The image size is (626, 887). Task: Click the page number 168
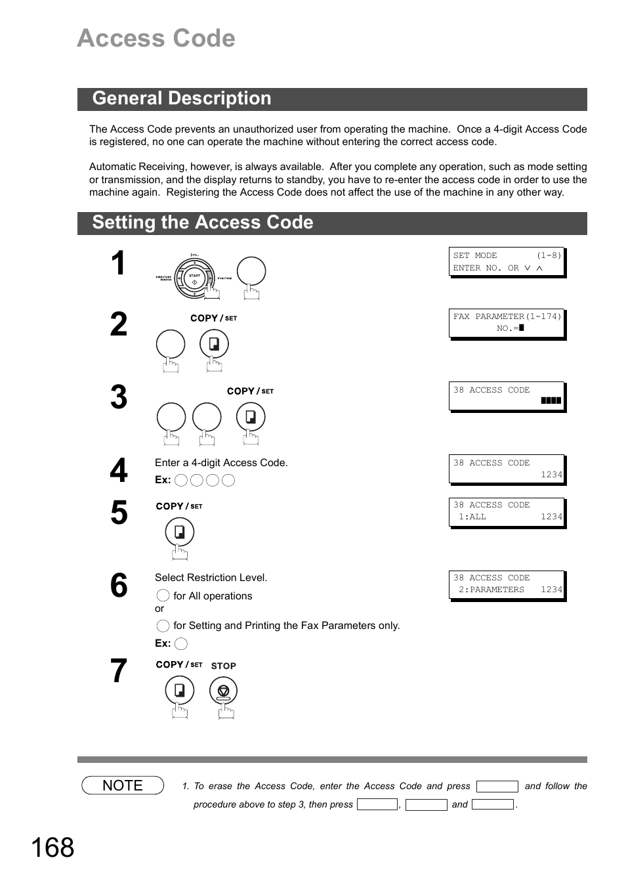pyautogui.click(x=52, y=848)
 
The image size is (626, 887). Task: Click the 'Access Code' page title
pyautogui.click(x=156, y=39)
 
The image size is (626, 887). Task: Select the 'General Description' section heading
pyautogui.click(x=182, y=98)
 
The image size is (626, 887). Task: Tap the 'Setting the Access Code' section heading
pyautogui.click(x=203, y=223)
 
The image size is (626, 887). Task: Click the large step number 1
pyautogui.click(x=118, y=264)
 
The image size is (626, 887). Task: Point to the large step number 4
pyautogui.click(x=119, y=471)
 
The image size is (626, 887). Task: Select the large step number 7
pyautogui.click(x=119, y=671)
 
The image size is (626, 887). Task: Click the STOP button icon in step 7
pyautogui.click(x=224, y=691)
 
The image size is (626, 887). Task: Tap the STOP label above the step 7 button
pyautogui.click(x=223, y=666)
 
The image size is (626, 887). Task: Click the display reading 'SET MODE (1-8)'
pyautogui.click(x=507, y=262)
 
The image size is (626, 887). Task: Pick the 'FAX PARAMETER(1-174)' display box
pyautogui.click(x=507, y=323)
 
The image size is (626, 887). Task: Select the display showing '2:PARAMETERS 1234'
pyautogui.click(x=507, y=584)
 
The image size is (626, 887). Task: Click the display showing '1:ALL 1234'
pyautogui.click(x=507, y=511)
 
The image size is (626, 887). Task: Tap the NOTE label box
pyautogui.click(x=123, y=785)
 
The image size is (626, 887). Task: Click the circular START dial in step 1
pyautogui.click(x=194, y=276)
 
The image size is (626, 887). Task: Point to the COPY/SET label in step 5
pyautogui.click(x=179, y=506)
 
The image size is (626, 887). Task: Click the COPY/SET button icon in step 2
pyautogui.click(x=215, y=344)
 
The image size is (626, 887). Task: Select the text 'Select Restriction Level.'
pyautogui.click(x=211, y=578)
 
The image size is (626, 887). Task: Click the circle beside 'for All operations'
pyautogui.click(x=163, y=596)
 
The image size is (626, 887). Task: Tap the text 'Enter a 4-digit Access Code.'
pyautogui.click(x=221, y=463)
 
